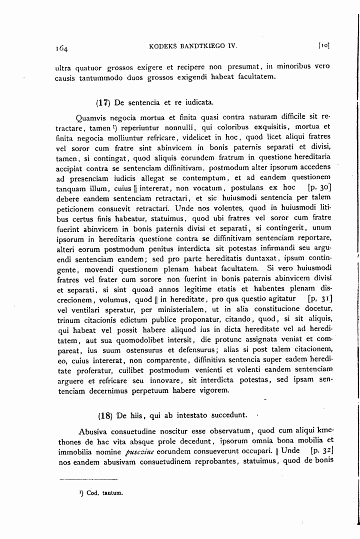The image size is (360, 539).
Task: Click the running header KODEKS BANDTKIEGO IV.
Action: (192, 46)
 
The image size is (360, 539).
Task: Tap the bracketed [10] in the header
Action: (323, 45)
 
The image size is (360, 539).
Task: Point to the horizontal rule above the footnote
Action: (88, 479)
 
